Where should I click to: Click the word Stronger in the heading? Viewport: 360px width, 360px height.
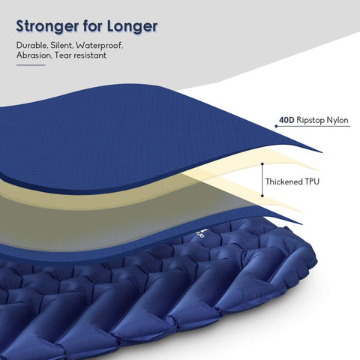47,26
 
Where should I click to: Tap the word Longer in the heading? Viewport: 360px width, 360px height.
133,25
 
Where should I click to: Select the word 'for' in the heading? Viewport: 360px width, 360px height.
92,25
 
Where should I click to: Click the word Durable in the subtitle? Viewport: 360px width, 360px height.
31,46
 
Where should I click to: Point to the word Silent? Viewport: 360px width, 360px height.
61,46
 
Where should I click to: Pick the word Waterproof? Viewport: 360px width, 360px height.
99,46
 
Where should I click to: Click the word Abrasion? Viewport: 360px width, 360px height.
34,55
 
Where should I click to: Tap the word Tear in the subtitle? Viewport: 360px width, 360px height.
63,55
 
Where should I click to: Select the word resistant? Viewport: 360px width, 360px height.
90,55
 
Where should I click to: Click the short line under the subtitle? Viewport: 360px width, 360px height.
31,65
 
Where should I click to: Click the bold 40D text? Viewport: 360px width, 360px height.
286,120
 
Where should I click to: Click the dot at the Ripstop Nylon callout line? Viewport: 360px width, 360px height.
276,126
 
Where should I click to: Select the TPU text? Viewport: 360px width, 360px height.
311,181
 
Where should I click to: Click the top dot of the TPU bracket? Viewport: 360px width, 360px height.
262,164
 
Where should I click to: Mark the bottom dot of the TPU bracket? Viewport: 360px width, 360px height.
262,196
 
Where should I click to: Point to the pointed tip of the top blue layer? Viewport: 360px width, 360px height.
321,152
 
